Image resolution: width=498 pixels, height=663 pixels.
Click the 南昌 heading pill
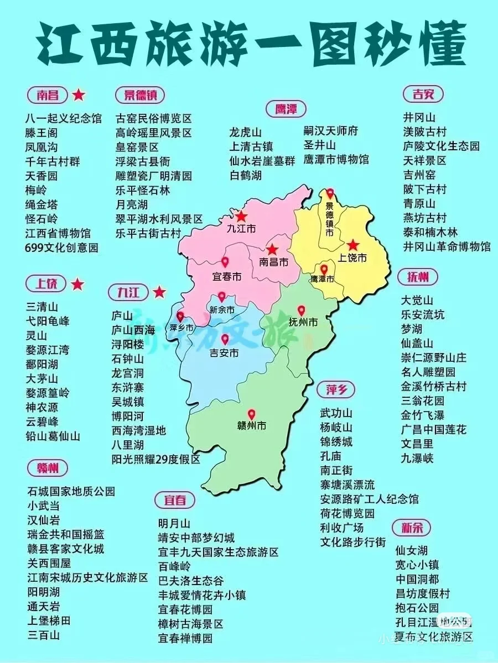[x=47, y=95]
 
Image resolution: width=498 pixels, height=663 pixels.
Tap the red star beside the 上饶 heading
[x=77, y=285]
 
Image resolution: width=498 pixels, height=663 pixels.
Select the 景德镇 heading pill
[x=140, y=95]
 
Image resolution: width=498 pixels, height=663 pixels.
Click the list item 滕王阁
[x=41, y=133]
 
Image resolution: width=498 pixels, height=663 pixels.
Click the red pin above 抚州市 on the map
[x=301, y=311]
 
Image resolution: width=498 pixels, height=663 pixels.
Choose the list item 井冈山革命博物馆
[x=447, y=246]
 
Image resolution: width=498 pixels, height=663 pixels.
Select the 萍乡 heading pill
[x=336, y=390]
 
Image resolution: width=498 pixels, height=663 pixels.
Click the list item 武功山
[x=336, y=413]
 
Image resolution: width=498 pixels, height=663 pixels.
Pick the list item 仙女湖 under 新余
[x=412, y=550]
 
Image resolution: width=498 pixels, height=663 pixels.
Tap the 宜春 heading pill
[x=175, y=501]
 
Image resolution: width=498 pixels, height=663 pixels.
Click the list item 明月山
[x=174, y=523]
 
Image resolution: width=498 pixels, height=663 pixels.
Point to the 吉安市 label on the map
[x=224, y=352]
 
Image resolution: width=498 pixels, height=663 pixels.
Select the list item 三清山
[x=42, y=307]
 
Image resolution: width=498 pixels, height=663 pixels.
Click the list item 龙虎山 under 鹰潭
[x=246, y=133]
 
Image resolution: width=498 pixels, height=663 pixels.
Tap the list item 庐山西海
[x=133, y=330]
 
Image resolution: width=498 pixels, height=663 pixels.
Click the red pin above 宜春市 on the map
[x=225, y=262]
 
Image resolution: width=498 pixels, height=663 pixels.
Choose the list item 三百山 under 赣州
[x=44, y=635]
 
